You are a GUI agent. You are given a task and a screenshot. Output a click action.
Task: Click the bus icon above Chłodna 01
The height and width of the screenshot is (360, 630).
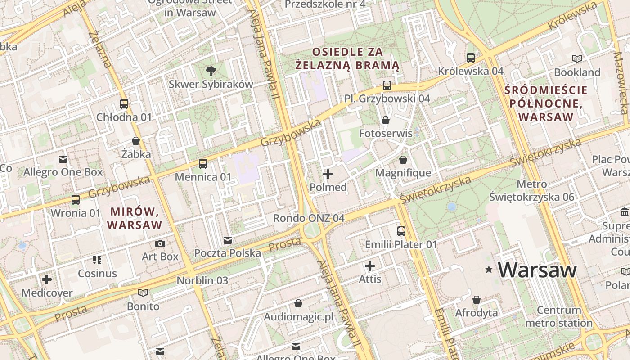click(x=124, y=104)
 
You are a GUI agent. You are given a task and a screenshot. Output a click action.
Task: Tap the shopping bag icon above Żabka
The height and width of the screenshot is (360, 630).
click(x=136, y=141)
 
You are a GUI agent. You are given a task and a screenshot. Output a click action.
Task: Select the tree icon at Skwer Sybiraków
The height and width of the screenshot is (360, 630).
click(x=210, y=71)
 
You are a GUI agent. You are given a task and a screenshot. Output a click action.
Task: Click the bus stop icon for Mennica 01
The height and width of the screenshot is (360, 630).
click(x=203, y=163)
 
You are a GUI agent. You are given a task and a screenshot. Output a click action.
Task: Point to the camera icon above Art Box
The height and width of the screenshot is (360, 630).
click(x=160, y=243)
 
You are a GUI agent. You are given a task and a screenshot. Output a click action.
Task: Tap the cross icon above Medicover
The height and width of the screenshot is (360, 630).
click(x=47, y=279)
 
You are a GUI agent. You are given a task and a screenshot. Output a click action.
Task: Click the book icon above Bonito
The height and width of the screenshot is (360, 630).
click(x=143, y=293)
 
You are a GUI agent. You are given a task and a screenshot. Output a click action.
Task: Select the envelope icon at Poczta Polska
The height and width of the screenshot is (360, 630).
click(x=228, y=240)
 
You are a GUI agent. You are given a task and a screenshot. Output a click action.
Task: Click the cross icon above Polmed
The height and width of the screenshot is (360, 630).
click(x=328, y=174)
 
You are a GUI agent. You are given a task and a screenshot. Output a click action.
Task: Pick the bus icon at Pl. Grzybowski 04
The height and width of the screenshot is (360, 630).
click(x=387, y=85)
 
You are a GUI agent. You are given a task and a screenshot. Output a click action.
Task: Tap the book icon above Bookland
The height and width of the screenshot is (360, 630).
click(x=577, y=58)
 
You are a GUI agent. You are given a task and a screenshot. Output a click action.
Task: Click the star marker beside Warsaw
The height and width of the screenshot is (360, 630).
click(x=489, y=270)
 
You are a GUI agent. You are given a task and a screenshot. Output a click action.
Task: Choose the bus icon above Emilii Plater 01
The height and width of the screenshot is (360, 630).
click(x=401, y=231)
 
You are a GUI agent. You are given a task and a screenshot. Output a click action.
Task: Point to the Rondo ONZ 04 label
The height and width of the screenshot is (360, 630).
click(x=309, y=218)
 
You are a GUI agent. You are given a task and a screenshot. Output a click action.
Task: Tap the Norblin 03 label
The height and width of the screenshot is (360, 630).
click(x=202, y=280)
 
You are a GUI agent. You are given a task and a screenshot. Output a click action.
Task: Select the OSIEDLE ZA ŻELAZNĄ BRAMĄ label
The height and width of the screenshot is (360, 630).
click(x=347, y=58)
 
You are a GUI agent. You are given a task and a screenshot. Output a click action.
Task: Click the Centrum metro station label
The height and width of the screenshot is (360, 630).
click(x=559, y=316)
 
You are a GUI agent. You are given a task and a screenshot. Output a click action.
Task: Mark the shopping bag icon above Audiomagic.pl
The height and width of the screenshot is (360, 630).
click(x=298, y=304)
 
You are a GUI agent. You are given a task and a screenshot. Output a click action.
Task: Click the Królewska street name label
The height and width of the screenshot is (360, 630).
click(x=572, y=17)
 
